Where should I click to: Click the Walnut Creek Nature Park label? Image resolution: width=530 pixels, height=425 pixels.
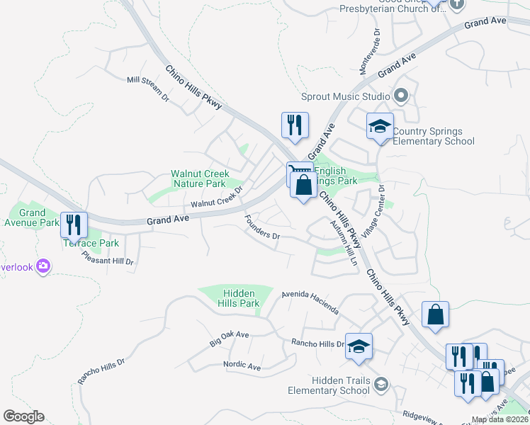(x=198, y=178)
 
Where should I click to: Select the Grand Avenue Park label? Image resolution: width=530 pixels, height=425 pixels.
(x=33, y=217)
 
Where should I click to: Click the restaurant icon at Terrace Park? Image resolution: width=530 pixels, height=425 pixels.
(x=74, y=225)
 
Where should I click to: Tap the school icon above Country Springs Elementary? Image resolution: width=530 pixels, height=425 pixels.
(x=380, y=126)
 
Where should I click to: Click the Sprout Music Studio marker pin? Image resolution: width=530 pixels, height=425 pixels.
(x=401, y=96)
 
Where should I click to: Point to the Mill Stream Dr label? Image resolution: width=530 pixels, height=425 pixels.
(x=148, y=88)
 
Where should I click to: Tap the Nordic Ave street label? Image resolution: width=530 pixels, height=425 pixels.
(x=242, y=365)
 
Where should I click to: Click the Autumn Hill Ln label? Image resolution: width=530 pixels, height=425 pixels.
(x=346, y=243)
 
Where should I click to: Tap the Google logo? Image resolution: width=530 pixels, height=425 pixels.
(x=23, y=416)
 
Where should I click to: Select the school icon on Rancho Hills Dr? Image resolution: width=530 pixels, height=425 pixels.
(x=359, y=346)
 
